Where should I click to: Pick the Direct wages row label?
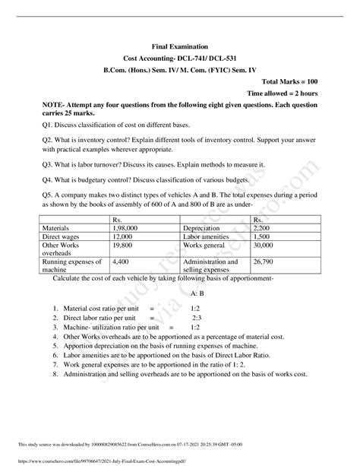[62, 237]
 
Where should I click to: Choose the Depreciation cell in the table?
[207, 227]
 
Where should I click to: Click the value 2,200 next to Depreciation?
[262, 227]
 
